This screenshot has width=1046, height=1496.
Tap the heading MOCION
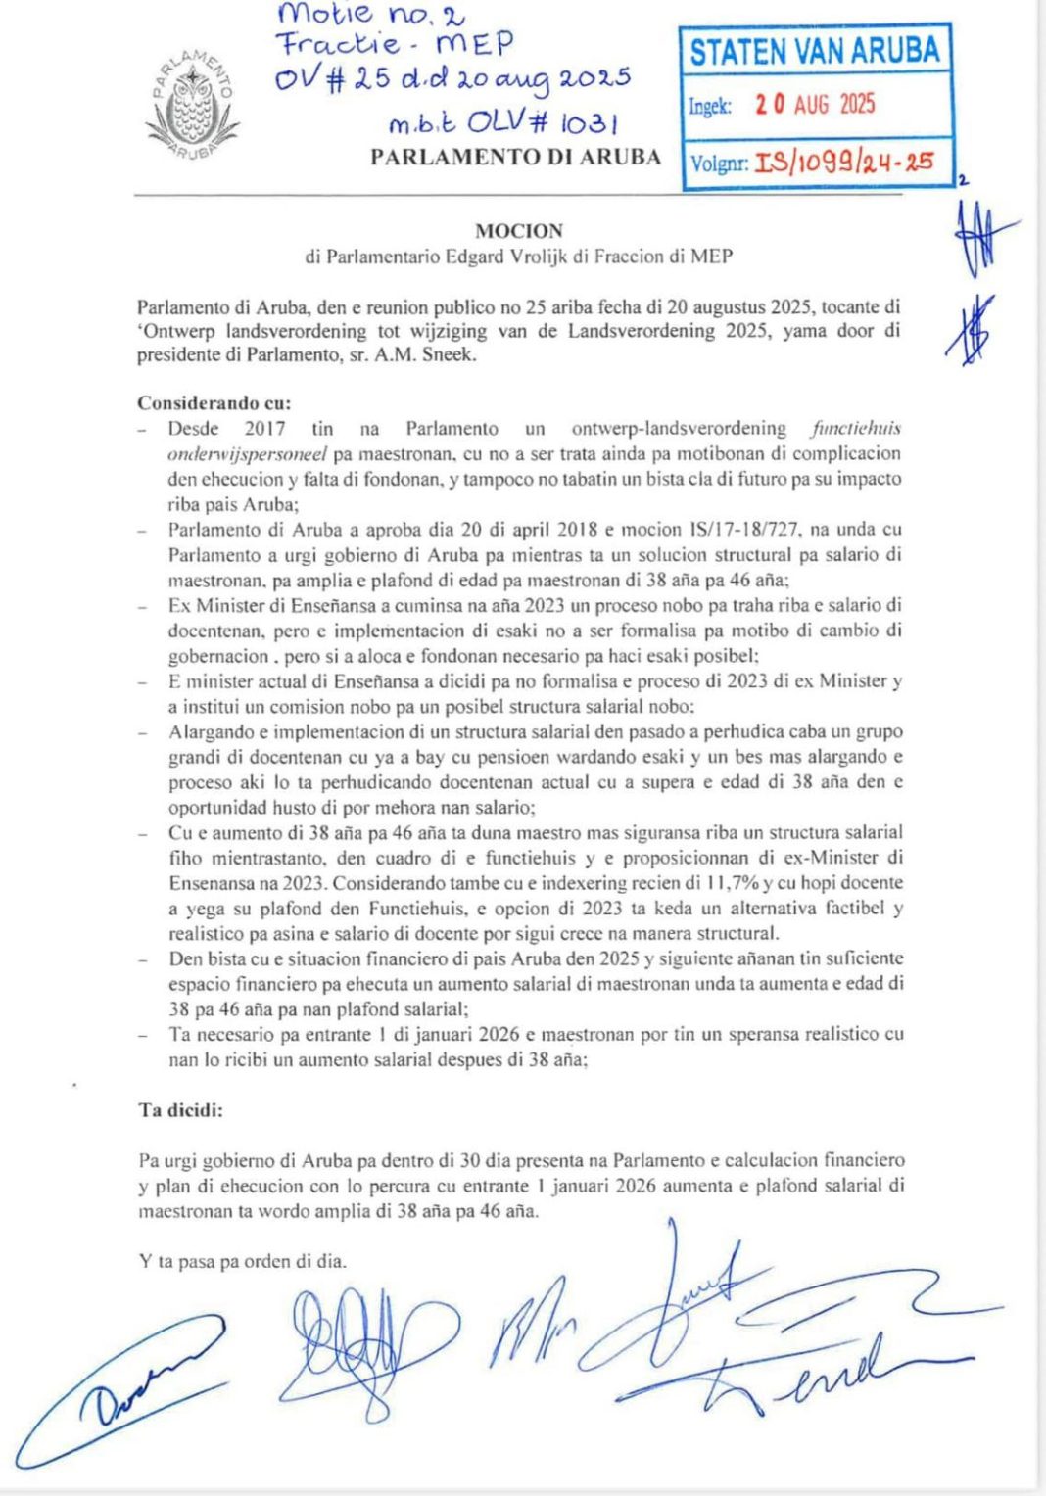tap(519, 231)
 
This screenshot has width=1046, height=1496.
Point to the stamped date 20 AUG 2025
tap(815, 105)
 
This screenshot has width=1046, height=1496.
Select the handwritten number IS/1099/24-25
tap(851, 163)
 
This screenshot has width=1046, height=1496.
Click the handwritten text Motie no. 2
tap(371, 15)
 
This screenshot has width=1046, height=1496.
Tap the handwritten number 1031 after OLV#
tap(582, 123)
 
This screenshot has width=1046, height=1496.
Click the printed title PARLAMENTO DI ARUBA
tap(516, 157)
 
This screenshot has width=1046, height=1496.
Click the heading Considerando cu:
tap(214, 402)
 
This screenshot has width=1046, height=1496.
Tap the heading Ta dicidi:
tap(180, 1110)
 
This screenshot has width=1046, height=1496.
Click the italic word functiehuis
tap(856, 428)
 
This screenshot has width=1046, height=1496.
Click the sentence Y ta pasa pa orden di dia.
tap(243, 1261)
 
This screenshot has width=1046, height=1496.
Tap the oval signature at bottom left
tap(118, 1390)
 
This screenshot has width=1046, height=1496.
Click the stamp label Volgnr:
tap(719, 164)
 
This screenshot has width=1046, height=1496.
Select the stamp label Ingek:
tap(710, 106)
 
